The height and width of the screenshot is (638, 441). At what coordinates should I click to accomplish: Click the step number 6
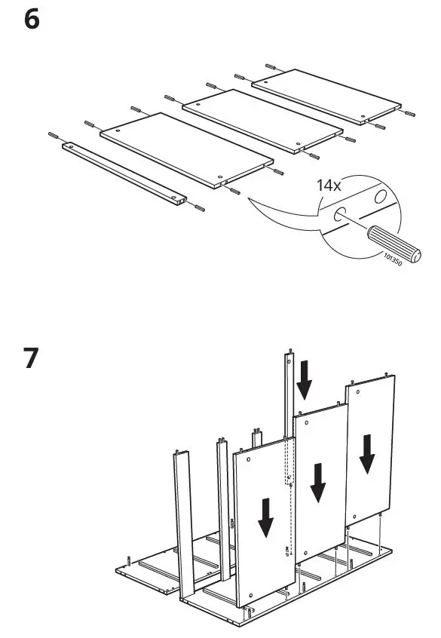(x=32, y=20)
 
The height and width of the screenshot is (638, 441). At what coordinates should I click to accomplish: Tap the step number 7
(x=32, y=359)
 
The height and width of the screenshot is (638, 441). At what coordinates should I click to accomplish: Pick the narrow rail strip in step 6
(x=125, y=171)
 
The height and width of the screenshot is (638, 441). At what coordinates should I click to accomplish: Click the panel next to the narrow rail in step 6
(x=185, y=149)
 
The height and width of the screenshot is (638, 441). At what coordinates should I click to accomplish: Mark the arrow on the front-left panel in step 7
(x=265, y=517)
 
